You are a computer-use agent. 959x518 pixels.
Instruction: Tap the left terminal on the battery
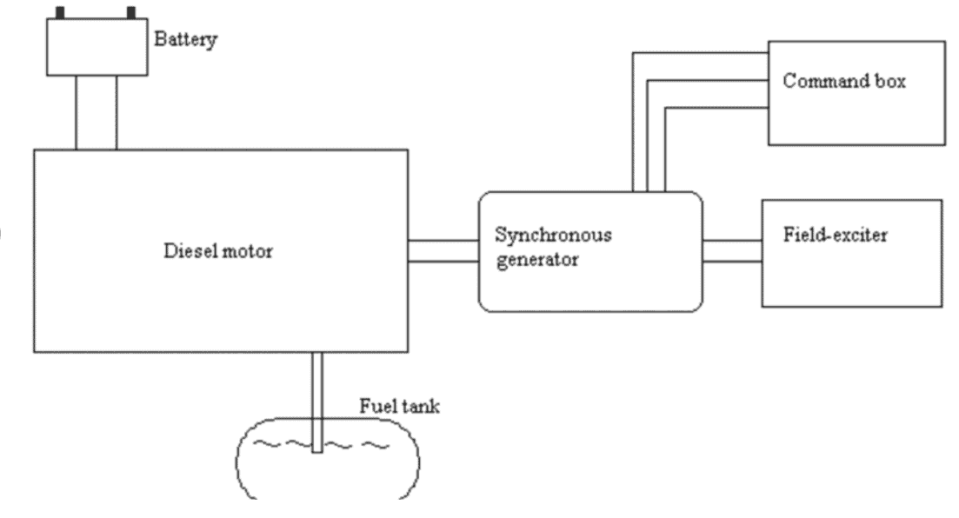click(x=60, y=12)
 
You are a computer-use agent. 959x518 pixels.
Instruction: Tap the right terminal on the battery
click(x=132, y=12)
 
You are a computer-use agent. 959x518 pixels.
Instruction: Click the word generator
click(x=527, y=260)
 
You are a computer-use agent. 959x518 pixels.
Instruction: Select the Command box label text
click(x=844, y=82)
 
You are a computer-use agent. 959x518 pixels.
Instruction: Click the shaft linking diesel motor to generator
click(x=443, y=250)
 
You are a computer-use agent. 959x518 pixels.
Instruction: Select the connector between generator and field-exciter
click(x=731, y=250)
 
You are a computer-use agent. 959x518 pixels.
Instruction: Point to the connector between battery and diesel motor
click(x=96, y=112)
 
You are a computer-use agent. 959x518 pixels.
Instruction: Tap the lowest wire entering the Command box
click(x=713, y=110)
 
